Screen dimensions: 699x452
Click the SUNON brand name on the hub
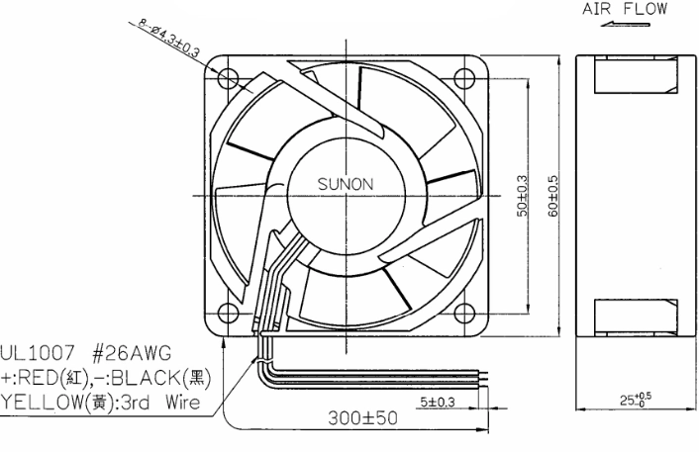click(x=346, y=184)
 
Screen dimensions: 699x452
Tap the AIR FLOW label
click(x=625, y=9)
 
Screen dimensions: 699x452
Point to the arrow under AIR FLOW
click(x=625, y=24)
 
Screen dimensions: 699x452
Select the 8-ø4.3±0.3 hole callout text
click(x=168, y=38)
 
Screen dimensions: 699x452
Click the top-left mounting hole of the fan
click(x=229, y=78)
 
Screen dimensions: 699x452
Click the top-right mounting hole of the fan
click(x=464, y=78)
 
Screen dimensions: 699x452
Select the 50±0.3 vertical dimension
click(x=522, y=196)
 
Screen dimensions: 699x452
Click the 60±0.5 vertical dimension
click(x=552, y=196)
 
